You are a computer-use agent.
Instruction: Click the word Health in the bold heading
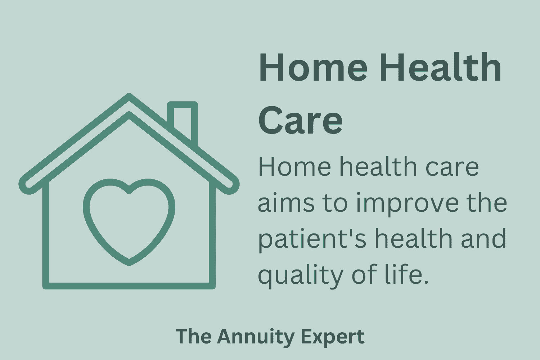[x=440, y=68]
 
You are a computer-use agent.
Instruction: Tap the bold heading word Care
[x=300, y=120]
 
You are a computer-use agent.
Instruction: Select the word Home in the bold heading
[x=313, y=68]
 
